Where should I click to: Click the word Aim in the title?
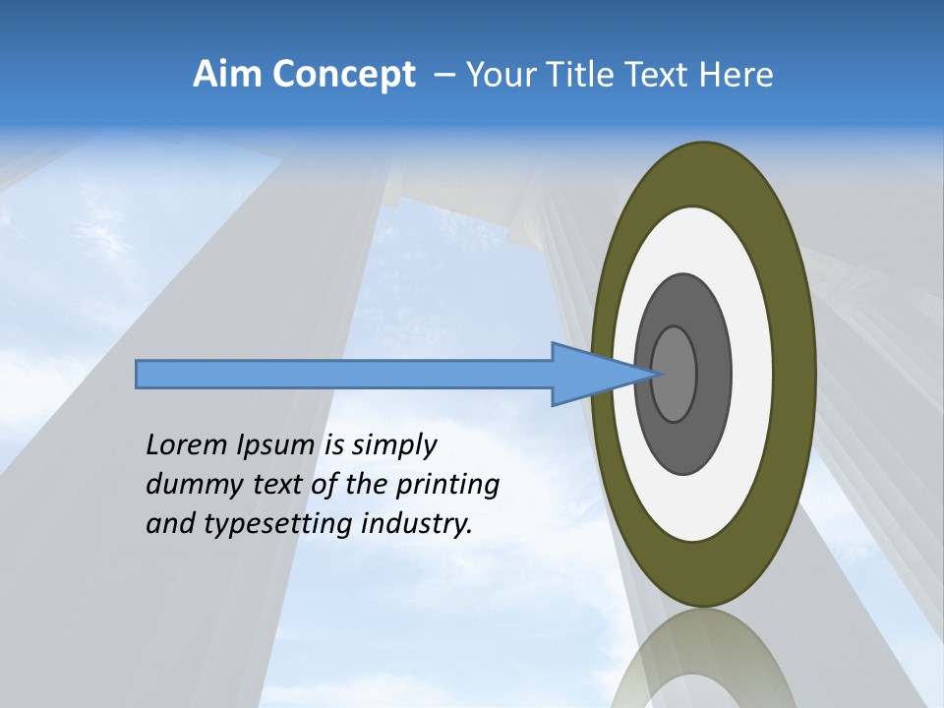coord(228,75)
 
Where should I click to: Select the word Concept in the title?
coord(343,75)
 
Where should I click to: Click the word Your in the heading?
coord(498,75)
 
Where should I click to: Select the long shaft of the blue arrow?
coord(344,374)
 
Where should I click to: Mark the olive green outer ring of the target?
coord(795,374)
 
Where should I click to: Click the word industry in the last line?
coord(417,524)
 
